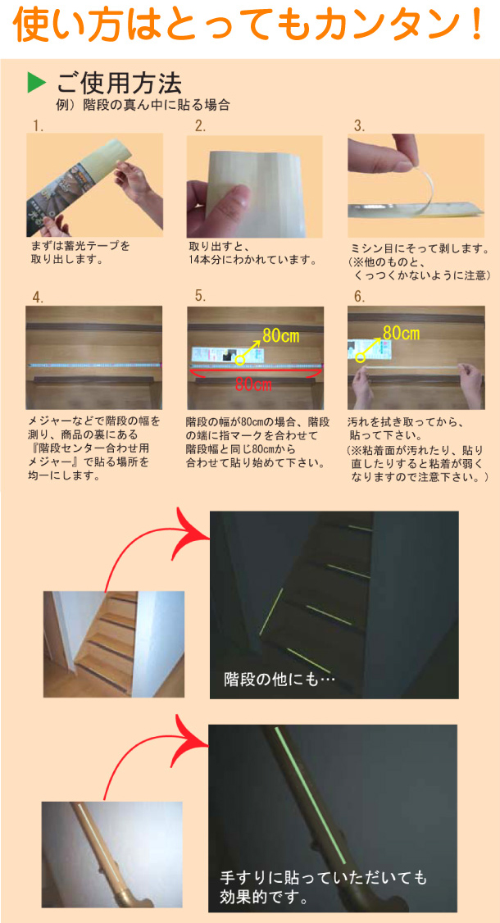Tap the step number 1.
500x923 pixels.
click(x=37, y=126)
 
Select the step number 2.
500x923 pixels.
click(x=200, y=126)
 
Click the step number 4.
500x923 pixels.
click(x=38, y=297)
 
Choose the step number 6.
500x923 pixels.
click(x=359, y=296)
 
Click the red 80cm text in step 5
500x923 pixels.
click(x=254, y=384)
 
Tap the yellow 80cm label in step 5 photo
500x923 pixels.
click(x=280, y=334)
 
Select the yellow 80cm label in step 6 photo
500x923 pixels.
click(x=401, y=333)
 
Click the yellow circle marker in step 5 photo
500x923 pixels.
click(x=240, y=359)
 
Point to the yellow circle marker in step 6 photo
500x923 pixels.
click(x=360, y=357)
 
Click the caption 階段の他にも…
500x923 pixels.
click(x=280, y=679)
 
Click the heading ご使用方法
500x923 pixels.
click(x=119, y=82)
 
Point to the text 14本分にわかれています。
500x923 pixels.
click(x=252, y=261)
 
